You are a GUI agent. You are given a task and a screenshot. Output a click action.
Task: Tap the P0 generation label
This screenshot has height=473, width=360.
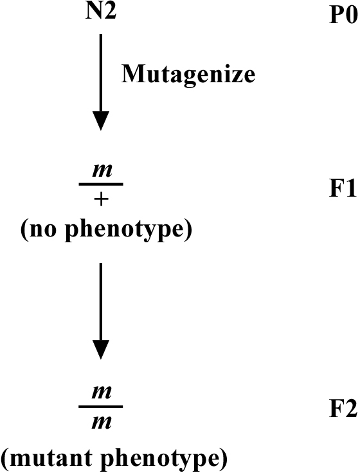(343, 15)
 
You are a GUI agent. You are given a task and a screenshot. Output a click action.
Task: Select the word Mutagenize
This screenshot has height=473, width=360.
(188, 74)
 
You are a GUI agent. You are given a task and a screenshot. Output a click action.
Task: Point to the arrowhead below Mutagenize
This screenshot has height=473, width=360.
(101, 121)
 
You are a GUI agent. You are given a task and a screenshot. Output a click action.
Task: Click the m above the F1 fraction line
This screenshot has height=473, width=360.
(102, 171)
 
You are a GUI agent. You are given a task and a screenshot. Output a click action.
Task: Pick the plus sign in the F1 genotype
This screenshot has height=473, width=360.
(101, 199)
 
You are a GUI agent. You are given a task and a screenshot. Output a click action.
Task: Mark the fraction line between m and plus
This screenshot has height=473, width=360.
(101, 184)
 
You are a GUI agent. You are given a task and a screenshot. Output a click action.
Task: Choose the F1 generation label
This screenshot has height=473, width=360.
(343, 189)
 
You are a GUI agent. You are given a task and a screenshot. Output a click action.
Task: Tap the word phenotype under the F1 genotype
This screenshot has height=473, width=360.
(124, 231)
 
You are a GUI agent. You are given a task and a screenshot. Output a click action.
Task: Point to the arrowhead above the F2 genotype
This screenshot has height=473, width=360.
(101, 350)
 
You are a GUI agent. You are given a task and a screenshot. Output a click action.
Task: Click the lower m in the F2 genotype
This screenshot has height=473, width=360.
(102, 423)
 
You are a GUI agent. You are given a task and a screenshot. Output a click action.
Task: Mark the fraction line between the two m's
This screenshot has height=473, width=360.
(101, 407)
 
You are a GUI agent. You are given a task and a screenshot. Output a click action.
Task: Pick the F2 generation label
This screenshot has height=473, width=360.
(343, 409)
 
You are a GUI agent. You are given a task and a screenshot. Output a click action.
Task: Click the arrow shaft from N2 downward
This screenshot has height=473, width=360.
(101, 73)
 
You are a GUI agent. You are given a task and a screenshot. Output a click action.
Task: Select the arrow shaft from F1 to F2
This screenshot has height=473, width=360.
(101, 302)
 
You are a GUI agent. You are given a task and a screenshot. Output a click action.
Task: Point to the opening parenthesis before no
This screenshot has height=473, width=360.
(24, 230)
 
